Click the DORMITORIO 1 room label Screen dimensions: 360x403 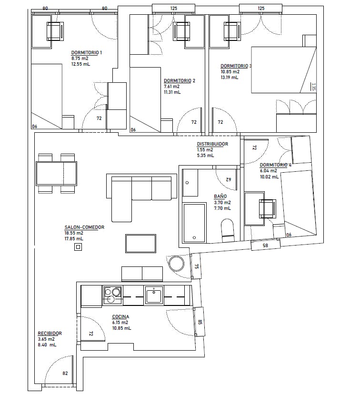pyautogui.click(x=86, y=53)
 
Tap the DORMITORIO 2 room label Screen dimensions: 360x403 pyautogui.click(x=180, y=81)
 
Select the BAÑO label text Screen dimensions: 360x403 pyautogui.click(x=220, y=197)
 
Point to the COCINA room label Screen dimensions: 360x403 pyautogui.click(x=120, y=317)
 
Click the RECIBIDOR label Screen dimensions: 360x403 pyautogui.click(x=50, y=334)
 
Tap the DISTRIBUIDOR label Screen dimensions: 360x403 pyautogui.click(x=212, y=144)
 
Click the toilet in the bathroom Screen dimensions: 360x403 pyautogui.click(x=228, y=230)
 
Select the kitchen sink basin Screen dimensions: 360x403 pyautogui.click(x=154, y=295)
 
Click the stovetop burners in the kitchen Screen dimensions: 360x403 pyautogui.click(x=113, y=295)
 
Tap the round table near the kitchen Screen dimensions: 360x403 pyautogui.click(x=176, y=264)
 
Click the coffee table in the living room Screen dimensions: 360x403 pyautogui.click(x=140, y=244)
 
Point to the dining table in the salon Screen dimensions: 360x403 pyautogui.click(x=56, y=174)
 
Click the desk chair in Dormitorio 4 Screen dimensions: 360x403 pyautogui.click(x=268, y=209)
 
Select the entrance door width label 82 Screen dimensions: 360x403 pyautogui.click(x=65, y=373)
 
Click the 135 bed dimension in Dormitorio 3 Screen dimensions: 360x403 pyautogui.click(x=313, y=87)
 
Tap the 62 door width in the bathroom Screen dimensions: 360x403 pyautogui.click(x=229, y=179)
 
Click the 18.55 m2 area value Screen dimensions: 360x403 pyautogui.click(x=74, y=233)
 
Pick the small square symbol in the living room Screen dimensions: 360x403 pyautogui.click(x=78, y=247)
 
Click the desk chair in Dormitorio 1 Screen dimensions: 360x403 pyautogui.click(x=55, y=31)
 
